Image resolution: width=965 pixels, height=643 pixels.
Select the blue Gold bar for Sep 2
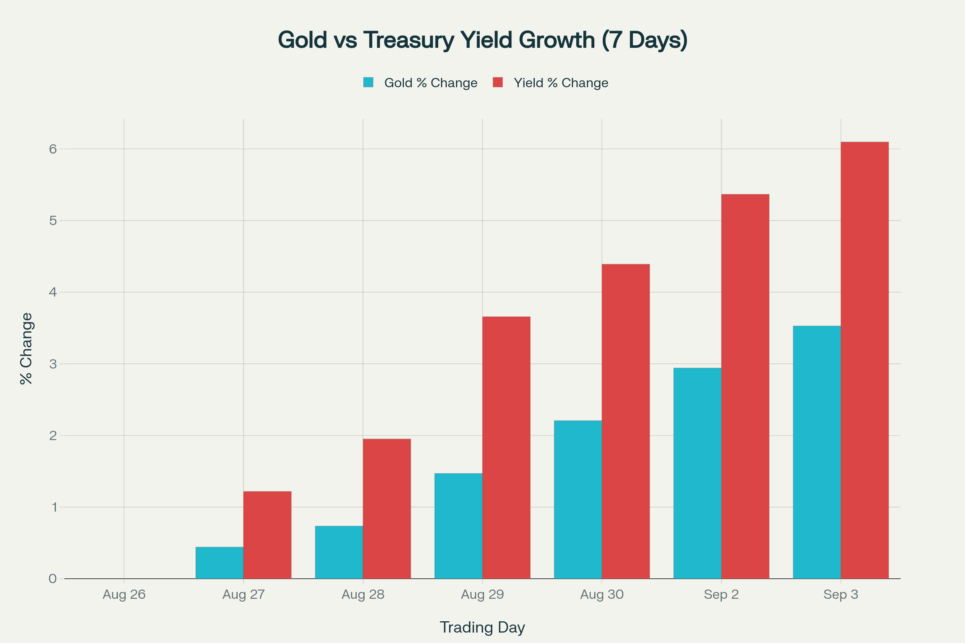pos(697,473)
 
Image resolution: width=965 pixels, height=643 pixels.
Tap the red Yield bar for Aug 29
pos(506,447)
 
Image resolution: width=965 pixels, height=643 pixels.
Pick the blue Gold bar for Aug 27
pos(220,563)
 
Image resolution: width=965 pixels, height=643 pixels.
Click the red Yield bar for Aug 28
pos(387,508)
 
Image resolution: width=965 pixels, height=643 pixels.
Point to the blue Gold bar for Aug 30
pos(578,500)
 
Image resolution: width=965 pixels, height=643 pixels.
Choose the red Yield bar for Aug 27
pos(267,535)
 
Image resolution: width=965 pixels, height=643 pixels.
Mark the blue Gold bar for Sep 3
pos(817,453)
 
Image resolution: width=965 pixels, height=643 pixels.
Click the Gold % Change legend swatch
pos(368,82)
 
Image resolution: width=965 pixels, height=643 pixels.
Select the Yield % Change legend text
pos(561,83)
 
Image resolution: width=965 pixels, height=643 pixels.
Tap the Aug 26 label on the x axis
pos(124,595)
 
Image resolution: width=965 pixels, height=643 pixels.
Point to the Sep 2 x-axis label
pos(721,595)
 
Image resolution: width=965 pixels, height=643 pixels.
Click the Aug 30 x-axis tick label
pos(602,595)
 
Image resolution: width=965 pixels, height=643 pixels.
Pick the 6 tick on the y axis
pos(53,149)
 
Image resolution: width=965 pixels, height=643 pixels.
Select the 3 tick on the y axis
pos(53,364)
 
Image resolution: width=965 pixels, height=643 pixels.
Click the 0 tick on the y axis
pos(53,579)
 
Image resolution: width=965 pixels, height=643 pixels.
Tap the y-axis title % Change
pos(26,348)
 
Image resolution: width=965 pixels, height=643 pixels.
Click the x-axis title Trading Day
pos(482,627)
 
